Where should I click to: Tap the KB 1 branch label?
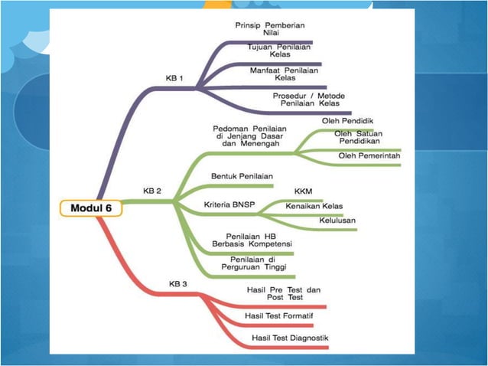pyautogui.click(x=174, y=78)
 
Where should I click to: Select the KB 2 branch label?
pyautogui.click(x=153, y=191)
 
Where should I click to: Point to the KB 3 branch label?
pyautogui.click(x=177, y=283)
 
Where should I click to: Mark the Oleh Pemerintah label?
pyautogui.click(x=369, y=156)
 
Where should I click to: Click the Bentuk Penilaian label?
pyautogui.click(x=242, y=176)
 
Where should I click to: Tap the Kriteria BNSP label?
pyautogui.click(x=230, y=204)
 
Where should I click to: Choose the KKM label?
pyautogui.click(x=303, y=191)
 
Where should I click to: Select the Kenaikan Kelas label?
pyautogui.click(x=314, y=206)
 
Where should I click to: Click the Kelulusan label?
pyautogui.click(x=337, y=221)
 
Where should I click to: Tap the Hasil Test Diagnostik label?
pyautogui.click(x=290, y=338)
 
